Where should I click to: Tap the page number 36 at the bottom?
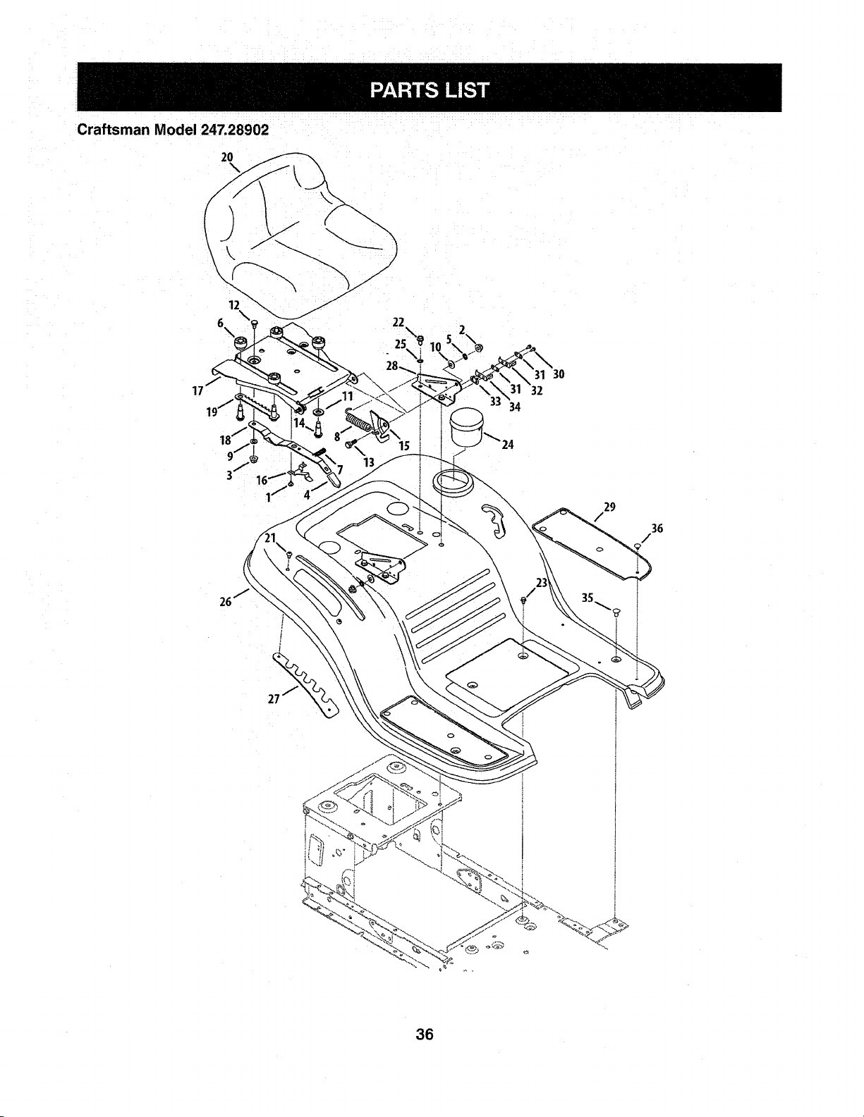click(425, 1034)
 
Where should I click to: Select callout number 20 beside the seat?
click(227, 157)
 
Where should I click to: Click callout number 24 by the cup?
click(508, 445)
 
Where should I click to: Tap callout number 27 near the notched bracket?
click(274, 699)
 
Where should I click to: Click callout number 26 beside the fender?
click(225, 601)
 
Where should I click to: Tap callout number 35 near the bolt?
click(588, 598)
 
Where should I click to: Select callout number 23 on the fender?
click(542, 583)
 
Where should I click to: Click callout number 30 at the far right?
click(559, 374)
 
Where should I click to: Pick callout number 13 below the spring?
click(368, 462)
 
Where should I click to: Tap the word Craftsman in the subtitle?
click(109, 130)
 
